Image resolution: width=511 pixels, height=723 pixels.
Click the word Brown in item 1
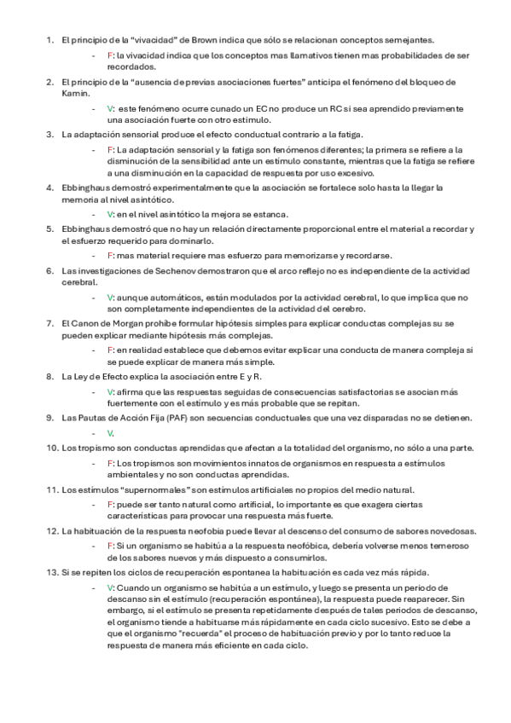(x=188, y=39)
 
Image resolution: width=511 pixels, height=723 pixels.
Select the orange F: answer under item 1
(x=111, y=55)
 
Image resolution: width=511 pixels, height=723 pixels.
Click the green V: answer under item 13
(x=111, y=587)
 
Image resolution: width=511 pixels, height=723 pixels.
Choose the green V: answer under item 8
(x=111, y=391)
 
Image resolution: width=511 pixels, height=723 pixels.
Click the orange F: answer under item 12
(x=111, y=545)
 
